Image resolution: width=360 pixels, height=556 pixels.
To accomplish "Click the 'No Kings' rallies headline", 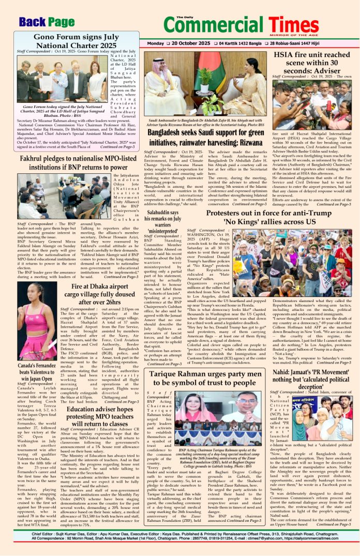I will click(x=269, y=218).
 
